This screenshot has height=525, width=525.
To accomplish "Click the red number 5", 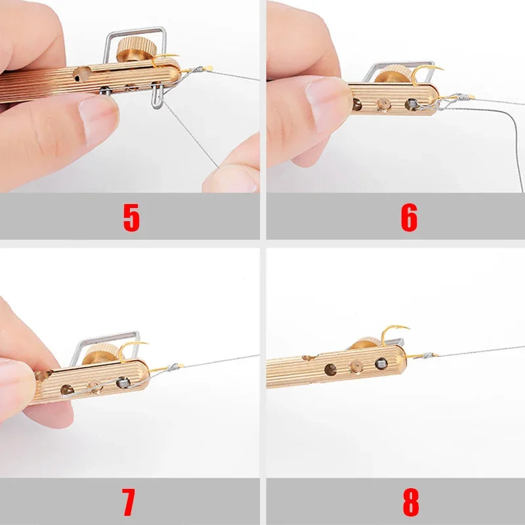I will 131,219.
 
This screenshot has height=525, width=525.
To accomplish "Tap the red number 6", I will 409,219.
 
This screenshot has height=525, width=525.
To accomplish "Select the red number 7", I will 129,502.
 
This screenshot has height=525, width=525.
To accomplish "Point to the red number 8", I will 410,502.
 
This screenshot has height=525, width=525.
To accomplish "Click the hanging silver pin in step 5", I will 156,96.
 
